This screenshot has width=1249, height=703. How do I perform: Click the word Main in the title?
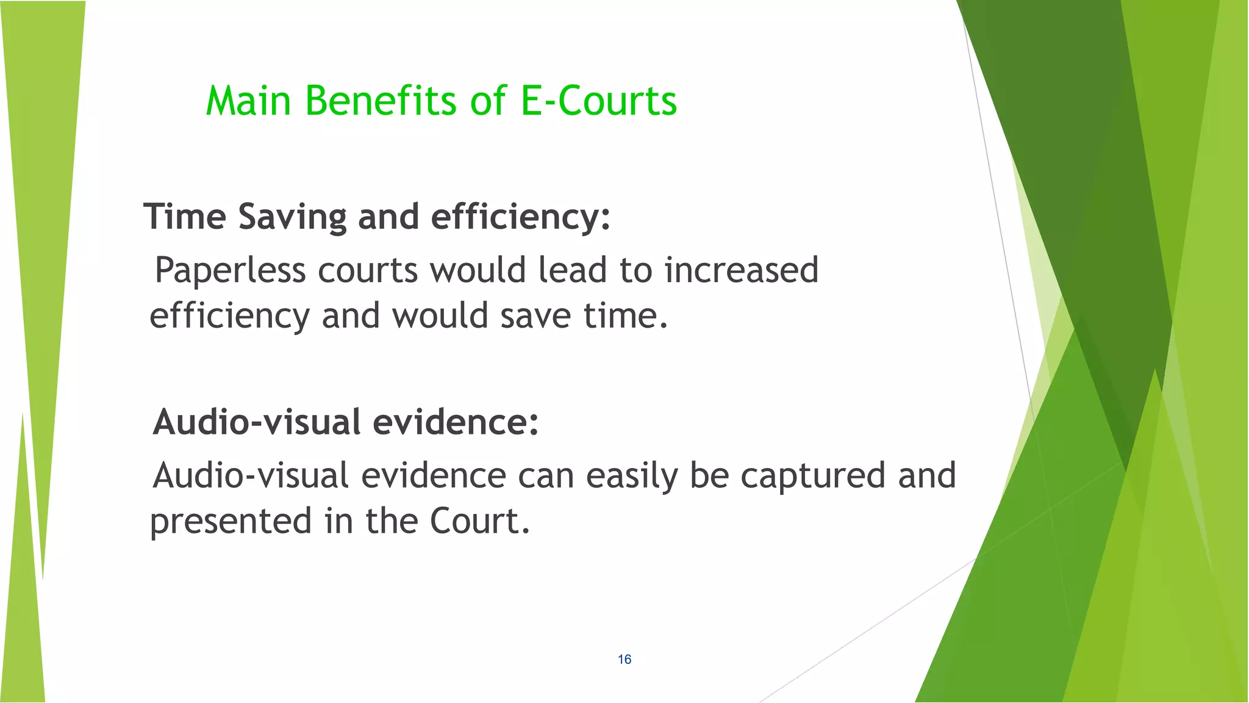[x=248, y=101]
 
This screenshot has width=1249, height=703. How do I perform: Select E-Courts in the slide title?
[x=598, y=101]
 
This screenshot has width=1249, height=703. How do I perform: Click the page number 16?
[x=624, y=659]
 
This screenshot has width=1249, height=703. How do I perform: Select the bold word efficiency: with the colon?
[x=520, y=217]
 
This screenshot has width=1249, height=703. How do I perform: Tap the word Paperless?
[x=230, y=270]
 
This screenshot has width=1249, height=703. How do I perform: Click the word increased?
[x=741, y=270]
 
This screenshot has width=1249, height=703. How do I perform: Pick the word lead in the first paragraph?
[x=572, y=270]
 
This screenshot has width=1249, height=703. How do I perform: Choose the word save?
[x=535, y=316]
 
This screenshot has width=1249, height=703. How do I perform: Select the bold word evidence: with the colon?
[x=456, y=422]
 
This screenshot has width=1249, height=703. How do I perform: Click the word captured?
[x=813, y=475]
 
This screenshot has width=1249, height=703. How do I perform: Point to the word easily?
[x=632, y=477]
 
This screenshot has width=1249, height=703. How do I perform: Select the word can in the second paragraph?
[x=546, y=477]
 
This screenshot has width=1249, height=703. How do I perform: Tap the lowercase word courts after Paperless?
[x=368, y=270]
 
